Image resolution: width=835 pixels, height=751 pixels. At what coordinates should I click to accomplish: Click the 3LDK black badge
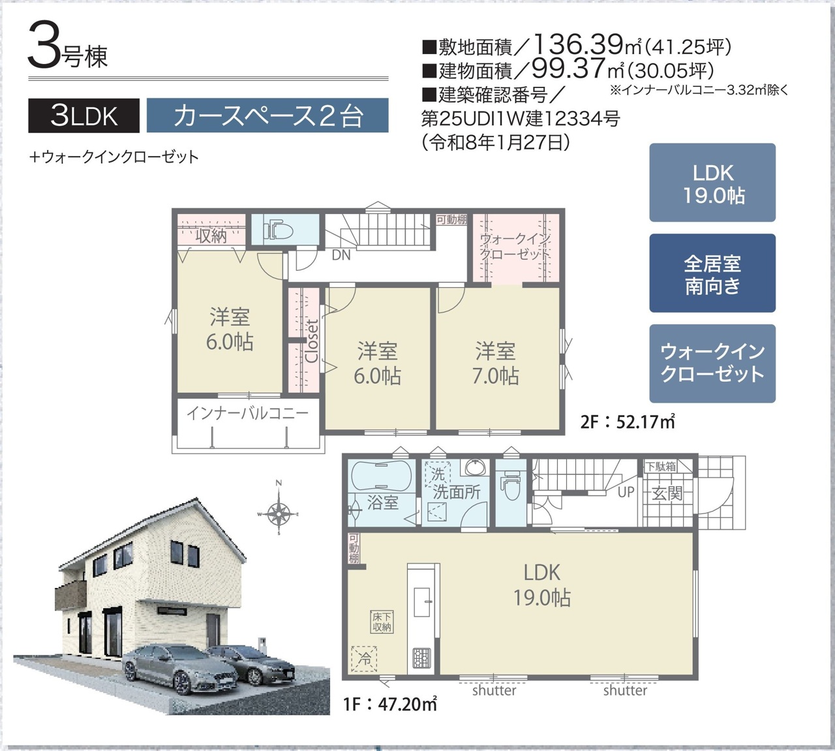click(x=83, y=115)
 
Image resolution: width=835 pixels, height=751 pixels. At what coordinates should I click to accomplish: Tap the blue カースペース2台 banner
click(x=267, y=115)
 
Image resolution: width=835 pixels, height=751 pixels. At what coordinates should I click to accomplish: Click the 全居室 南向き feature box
click(x=712, y=273)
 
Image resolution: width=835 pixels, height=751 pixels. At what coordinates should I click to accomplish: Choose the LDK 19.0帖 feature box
click(x=712, y=183)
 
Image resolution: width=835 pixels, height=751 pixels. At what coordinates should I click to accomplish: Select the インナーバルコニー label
click(x=248, y=413)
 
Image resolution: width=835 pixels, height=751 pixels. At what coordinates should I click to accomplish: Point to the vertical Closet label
click(x=312, y=341)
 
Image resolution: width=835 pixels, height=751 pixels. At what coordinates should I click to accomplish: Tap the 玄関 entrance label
click(x=667, y=493)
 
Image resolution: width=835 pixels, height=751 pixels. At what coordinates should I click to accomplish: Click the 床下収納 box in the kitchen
click(x=382, y=622)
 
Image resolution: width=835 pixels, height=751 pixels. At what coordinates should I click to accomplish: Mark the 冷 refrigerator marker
click(x=364, y=659)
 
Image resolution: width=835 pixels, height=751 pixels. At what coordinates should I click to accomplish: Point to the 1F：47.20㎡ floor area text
click(x=390, y=704)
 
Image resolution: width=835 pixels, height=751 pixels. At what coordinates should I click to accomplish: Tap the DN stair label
click(x=341, y=255)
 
